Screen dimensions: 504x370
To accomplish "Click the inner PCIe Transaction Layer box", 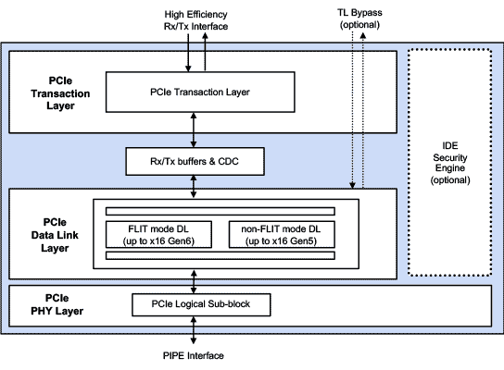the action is click(x=200, y=92).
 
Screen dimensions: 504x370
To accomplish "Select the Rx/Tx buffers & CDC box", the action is click(x=195, y=162).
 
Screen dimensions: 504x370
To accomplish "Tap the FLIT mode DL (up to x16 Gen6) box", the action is click(x=158, y=235).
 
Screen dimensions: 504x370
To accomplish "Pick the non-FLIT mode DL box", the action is click(x=282, y=235).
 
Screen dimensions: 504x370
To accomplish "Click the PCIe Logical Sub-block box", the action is click(x=201, y=304).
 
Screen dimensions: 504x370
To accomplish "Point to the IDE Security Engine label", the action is click(x=450, y=163).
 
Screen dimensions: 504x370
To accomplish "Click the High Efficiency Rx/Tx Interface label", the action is click(x=195, y=20).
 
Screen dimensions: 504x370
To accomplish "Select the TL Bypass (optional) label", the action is click(x=359, y=18).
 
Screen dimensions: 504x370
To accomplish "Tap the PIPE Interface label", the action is click(x=194, y=355).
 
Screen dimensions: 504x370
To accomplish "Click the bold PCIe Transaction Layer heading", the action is click(x=60, y=93).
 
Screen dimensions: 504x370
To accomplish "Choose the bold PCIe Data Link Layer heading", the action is click(x=55, y=235).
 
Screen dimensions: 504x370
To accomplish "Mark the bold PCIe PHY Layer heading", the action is click(x=57, y=304).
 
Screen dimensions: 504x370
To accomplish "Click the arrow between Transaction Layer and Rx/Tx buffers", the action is click(x=194, y=130).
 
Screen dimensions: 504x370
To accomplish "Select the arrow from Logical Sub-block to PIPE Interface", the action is click(x=194, y=330).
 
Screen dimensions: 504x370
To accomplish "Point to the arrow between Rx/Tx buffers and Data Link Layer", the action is click(x=194, y=187).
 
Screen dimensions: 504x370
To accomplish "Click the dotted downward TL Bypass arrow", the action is click(x=353, y=111).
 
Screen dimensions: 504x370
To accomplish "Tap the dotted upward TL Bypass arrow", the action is click(x=363, y=111).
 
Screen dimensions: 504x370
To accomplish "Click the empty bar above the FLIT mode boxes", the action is click(x=220, y=211).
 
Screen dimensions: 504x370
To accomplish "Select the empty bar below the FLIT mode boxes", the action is click(x=220, y=255).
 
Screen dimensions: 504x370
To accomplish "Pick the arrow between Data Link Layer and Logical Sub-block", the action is click(x=194, y=282).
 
